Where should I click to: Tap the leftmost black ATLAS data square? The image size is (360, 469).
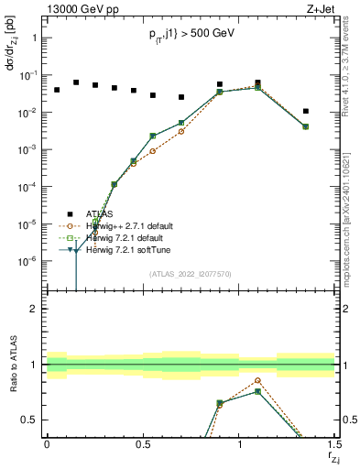pos(57,90)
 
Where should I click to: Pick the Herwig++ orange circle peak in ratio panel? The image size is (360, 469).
pos(258,380)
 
